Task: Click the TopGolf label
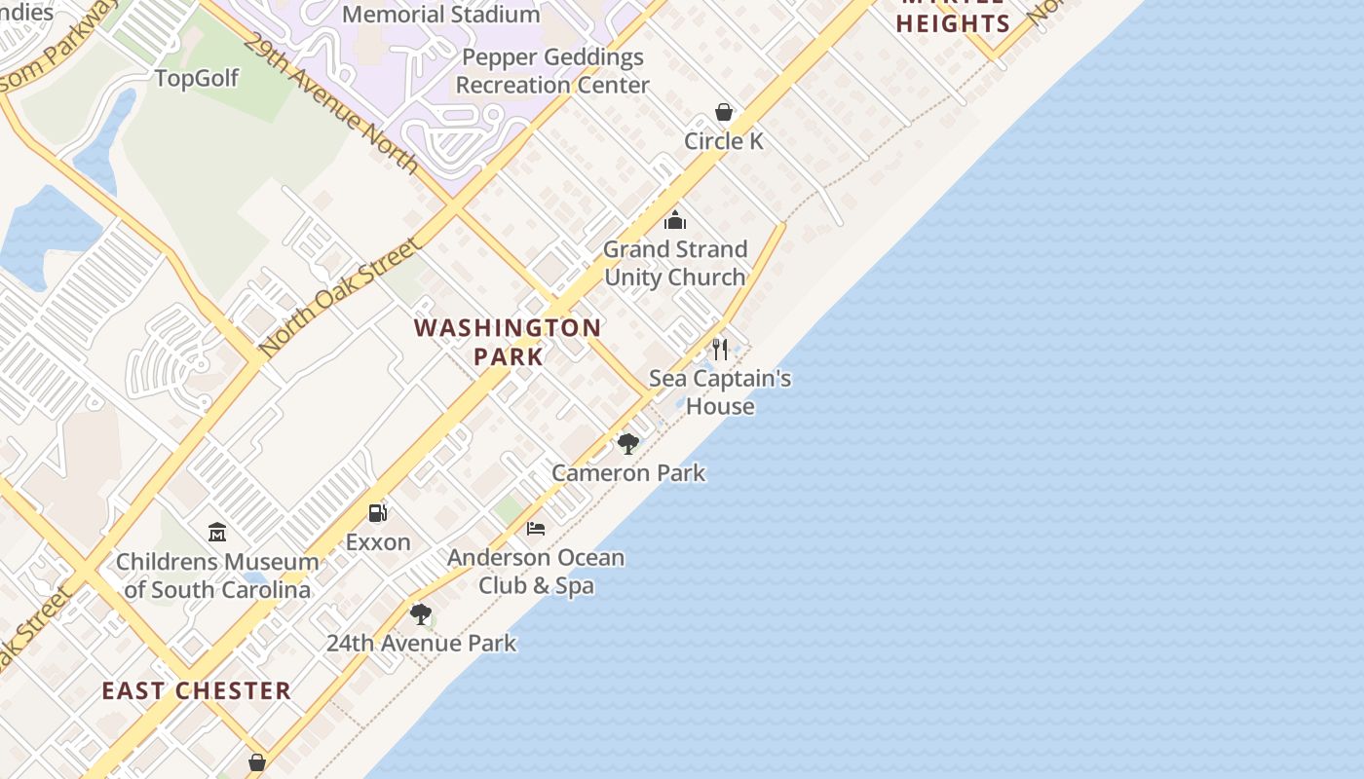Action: [197, 79]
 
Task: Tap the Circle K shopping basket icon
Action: [724, 112]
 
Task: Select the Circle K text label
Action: [724, 141]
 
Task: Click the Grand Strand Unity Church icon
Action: [675, 220]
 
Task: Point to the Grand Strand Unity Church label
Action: [675, 263]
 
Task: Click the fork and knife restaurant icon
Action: [720, 350]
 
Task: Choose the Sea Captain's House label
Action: [720, 392]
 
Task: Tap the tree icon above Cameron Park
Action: [628, 444]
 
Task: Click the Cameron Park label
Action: [628, 473]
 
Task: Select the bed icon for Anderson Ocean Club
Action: [536, 529]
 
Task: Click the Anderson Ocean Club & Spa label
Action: [536, 572]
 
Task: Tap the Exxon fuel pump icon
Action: [378, 512]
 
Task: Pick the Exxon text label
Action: [378, 542]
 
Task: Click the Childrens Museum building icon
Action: [217, 533]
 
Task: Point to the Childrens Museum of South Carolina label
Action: [217, 575]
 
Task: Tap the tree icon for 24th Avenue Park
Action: [421, 614]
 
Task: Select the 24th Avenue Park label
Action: [421, 644]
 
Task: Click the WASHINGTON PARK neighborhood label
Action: [508, 342]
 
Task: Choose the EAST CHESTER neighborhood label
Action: [197, 691]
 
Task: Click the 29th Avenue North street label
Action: [331, 103]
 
